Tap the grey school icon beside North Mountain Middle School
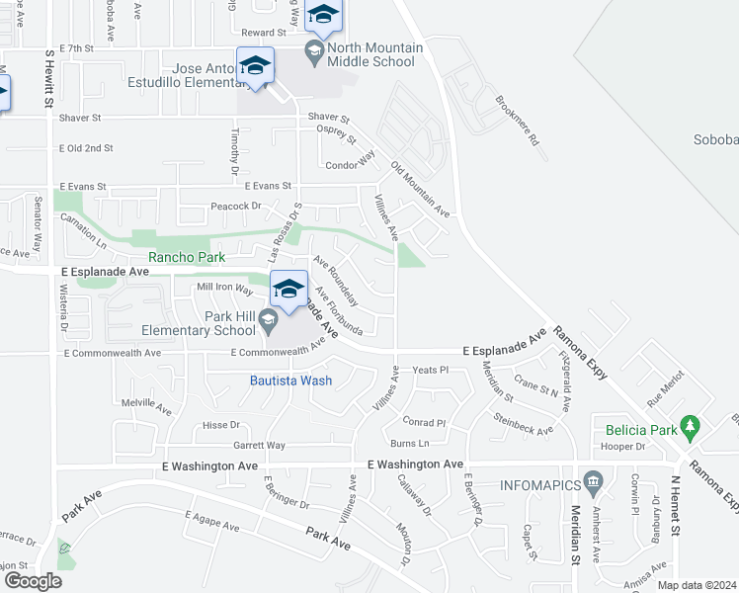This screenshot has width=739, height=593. pyautogui.click(x=314, y=50)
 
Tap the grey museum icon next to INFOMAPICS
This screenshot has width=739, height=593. pyautogui.click(x=593, y=482)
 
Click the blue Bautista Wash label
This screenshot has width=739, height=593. pyautogui.click(x=291, y=381)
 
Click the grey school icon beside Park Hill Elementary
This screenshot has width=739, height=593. pyautogui.click(x=268, y=319)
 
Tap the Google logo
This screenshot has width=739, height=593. pyautogui.click(x=32, y=581)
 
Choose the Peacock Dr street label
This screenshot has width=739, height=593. pyautogui.click(x=235, y=207)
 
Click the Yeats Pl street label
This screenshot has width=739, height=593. pyautogui.click(x=431, y=370)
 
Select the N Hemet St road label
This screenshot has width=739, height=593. pyautogui.click(x=676, y=507)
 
